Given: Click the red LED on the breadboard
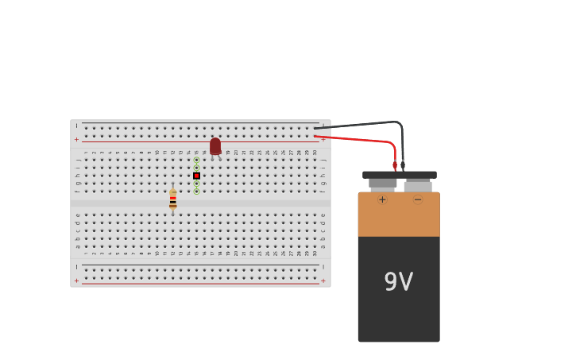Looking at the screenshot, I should [x=215, y=146].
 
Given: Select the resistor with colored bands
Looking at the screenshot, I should [x=172, y=199].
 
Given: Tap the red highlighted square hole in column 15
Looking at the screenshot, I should [x=196, y=176].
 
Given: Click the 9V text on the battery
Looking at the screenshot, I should [x=398, y=282].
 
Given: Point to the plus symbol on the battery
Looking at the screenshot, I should [x=382, y=199].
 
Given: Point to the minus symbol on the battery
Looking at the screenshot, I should [x=418, y=199].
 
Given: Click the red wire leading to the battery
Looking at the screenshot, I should [x=358, y=140].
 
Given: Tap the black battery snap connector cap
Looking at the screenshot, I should [x=399, y=175].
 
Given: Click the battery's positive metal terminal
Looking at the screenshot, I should [x=382, y=184].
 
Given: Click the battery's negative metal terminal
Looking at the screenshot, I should [x=418, y=186].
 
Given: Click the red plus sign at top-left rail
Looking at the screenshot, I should [x=77, y=140].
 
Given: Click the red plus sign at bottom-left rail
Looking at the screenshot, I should [x=77, y=281].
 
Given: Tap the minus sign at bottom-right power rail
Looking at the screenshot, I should [x=323, y=267].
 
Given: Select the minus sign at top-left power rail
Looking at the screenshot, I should [x=77, y=126].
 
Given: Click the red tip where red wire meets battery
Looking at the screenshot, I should [x=395, y=165].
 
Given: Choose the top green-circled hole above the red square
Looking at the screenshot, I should [x=196, y=160].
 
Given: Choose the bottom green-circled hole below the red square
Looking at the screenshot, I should [x=196, y=192].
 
